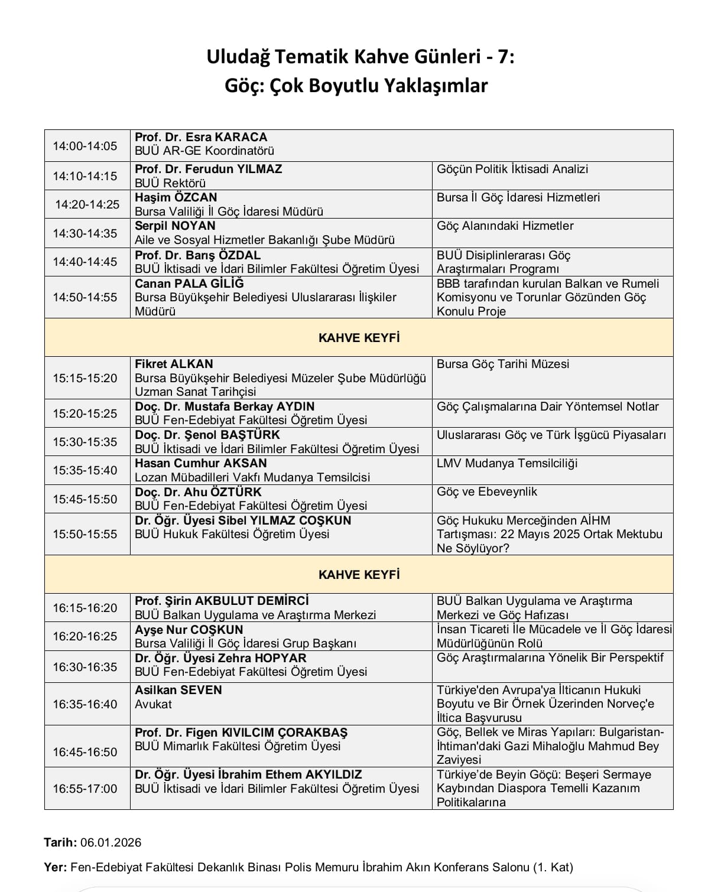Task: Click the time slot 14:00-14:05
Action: click(x=85, y=146)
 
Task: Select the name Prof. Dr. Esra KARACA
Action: click(x=201, y=137)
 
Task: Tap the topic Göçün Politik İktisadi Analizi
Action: click(x=512, y=169)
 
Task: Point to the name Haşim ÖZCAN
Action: click(x=176, y=197)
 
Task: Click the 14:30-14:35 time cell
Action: click(x=85, y=233)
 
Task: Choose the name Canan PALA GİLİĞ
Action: click(x=189, y=284)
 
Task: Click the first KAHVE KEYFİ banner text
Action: click(x=359, y=338)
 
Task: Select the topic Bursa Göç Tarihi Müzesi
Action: click(x=503, y=364)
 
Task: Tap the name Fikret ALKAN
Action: click(x=174, y=364)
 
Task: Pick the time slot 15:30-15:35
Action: click(x=85, y=442)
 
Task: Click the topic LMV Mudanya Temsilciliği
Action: click(x=507, y=463)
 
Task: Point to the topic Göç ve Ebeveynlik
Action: click(x=487, y=491)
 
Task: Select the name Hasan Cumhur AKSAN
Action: click(x=201, y=463)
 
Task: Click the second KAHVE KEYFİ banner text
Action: click(x=359, y=575)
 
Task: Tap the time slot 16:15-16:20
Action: click(x=85, y=608)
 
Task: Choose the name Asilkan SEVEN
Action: click(x=178, y=690)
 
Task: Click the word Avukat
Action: click(x=153, y=704)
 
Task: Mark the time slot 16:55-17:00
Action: click(x=85, y=789)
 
